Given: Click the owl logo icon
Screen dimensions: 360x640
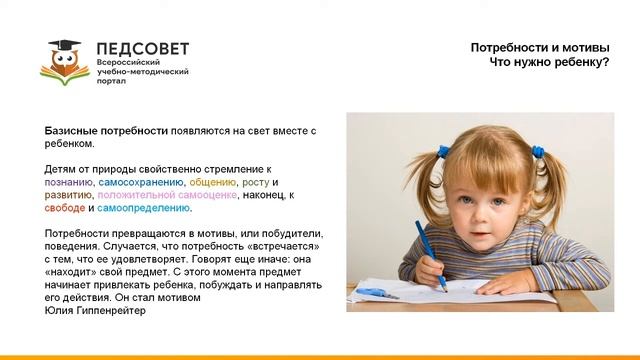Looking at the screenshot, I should click(67, 65).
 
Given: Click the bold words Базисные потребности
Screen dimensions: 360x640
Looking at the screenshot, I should click(104, 132).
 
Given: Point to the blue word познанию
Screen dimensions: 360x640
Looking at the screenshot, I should click(69, 183).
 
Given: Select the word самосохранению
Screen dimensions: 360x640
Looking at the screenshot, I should click(140, 183).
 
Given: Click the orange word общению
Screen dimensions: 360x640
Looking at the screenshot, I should click(212, 183).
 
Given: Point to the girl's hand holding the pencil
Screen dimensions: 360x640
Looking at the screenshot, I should click(437, 271).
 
